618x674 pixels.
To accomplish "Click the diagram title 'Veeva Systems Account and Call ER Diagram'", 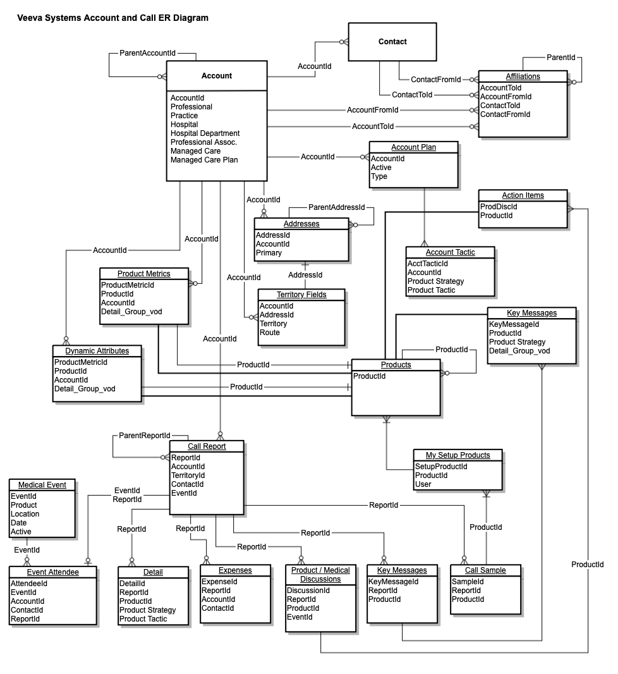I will [x=113, y=18].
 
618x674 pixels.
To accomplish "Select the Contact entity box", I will [x=392, y=42].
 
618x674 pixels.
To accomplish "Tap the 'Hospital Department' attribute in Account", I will [x=205, y=133].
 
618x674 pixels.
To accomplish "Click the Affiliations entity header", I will [x=523, y=77].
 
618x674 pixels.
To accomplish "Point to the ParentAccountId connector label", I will [x=147, y=53].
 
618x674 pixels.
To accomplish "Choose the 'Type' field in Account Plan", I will [x=379, y=176].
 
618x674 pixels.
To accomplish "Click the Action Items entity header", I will [x=523, y=195].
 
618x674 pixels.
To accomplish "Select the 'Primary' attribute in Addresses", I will [x=269, y=253].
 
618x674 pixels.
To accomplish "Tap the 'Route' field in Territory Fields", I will [x=269, y=333].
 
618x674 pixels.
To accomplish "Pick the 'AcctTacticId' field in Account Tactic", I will [x=427, y=263].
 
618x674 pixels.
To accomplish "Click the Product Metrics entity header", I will [x=144, y=274].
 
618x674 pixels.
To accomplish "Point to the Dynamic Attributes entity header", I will [x=97, y=351].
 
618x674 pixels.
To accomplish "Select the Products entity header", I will [x=396, y=365].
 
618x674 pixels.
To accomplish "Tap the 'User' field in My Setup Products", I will [x=423, y=484].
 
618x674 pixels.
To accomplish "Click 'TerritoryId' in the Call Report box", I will [x=188, y=475].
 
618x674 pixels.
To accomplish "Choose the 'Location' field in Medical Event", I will [x=25, y=514].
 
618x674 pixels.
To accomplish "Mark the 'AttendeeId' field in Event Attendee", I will [x=29, y=584].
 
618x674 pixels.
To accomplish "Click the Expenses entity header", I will [x=235, y=570].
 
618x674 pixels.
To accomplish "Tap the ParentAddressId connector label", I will [x=337, y=207].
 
